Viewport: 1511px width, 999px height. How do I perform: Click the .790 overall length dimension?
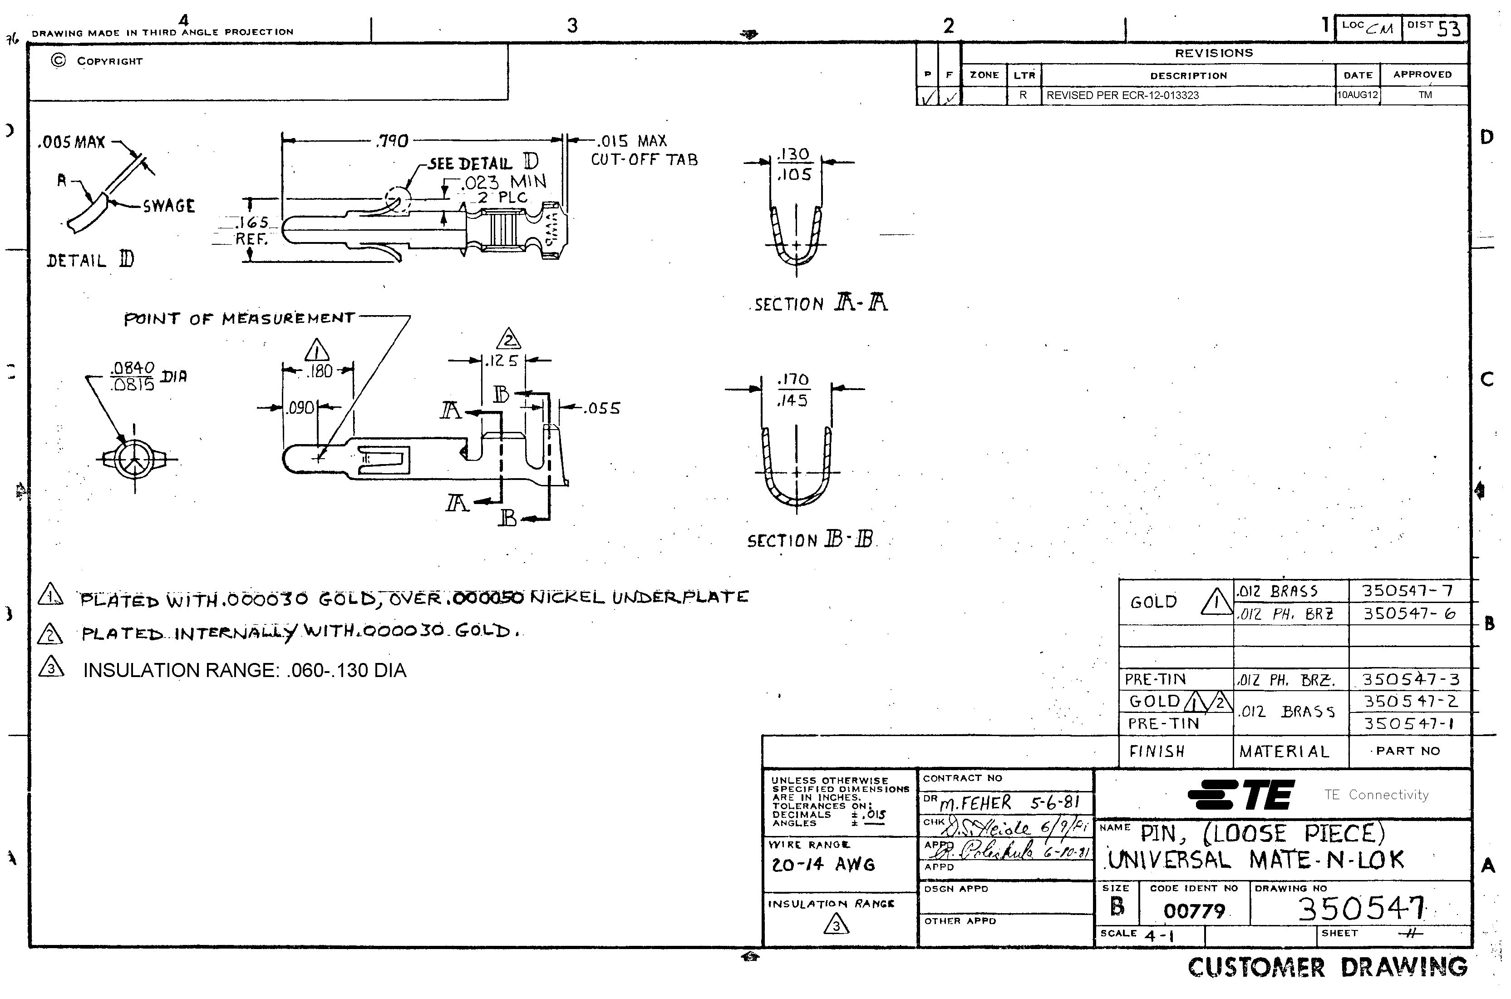point(394,141)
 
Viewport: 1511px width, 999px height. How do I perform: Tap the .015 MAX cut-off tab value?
point(630,141)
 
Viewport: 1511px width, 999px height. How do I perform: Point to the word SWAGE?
point(169,206)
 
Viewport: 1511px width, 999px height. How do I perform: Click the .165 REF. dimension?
point(252,231)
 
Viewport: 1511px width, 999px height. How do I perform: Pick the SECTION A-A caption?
point(821,303)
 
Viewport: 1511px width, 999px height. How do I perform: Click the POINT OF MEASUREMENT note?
point(239,318)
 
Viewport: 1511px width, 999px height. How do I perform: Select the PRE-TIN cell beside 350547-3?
point(1156,679)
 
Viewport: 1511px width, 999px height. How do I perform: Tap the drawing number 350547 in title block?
point(1361,909)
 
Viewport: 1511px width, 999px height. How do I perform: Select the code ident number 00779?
point(1194,911)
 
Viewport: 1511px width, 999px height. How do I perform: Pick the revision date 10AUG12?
point(1358,95)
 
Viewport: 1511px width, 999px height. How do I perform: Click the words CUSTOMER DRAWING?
point(1327,967)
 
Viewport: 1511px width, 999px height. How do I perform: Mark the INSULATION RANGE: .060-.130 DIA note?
point(245,670)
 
